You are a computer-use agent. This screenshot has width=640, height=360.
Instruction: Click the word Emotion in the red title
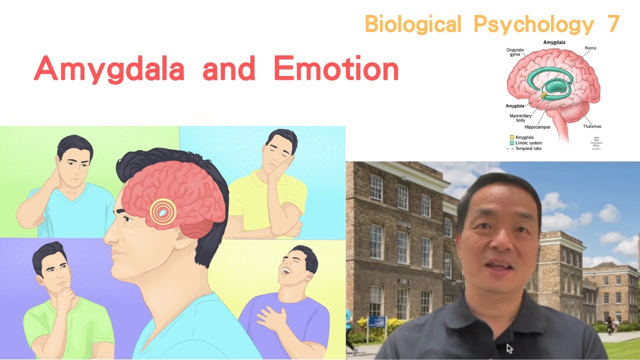(336, 69)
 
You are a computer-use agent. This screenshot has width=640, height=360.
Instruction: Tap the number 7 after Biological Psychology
(613, 24)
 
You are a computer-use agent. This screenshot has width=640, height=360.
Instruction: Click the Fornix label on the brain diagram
(590, 48)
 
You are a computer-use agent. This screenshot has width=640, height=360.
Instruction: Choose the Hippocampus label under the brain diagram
(537, 127)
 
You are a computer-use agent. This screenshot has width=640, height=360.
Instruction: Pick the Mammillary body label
(519, 118)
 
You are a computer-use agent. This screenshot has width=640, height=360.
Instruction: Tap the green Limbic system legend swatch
(511, 143)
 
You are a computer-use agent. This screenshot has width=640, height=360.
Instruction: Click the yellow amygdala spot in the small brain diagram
(543, 93)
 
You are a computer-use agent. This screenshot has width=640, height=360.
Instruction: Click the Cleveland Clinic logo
(595, 142)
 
